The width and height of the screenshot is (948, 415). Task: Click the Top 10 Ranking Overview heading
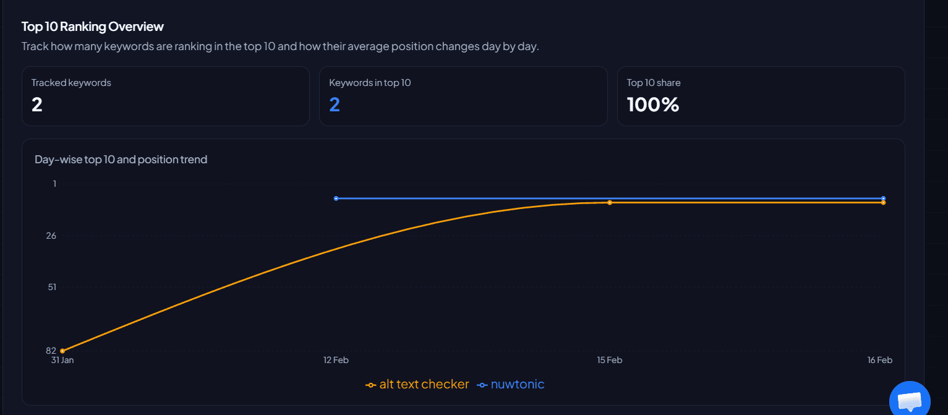click(93, 27)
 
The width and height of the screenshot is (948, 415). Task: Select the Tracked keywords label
click(71, 83)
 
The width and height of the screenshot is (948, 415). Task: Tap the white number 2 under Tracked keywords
click(37, 105)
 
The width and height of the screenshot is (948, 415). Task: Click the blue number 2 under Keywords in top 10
click(335, 105)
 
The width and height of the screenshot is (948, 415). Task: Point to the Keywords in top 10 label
click(370, 83)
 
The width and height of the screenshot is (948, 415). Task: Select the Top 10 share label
click(654, 83)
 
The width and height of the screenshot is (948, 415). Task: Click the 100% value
click(653, 105)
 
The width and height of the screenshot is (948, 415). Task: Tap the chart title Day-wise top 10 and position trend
click(121, 160)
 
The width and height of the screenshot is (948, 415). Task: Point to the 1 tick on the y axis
click(54, 184)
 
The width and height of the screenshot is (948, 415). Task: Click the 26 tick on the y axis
click(51, 236)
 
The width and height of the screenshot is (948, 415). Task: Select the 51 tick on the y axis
click(52, 287)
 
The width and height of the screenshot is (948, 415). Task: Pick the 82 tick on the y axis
click(51, 351)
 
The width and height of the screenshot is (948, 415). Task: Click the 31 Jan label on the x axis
click(62, 360)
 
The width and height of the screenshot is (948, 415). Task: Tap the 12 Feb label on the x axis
click(336, 360)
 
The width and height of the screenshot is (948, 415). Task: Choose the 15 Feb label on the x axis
click(609, 360)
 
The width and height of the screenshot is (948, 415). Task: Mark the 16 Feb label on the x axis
click(880, 360)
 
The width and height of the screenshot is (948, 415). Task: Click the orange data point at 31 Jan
click(62, 351)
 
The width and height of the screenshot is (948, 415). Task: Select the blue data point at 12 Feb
click(336, 199)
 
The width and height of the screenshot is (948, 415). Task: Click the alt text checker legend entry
click(417, 385)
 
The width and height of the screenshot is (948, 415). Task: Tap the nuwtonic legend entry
click(511, 385)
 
